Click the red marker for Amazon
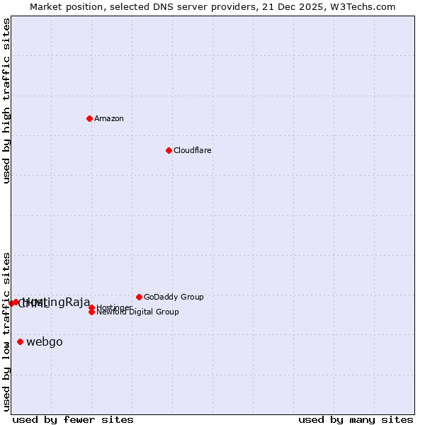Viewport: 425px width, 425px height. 89,118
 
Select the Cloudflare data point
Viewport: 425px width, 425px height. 169,150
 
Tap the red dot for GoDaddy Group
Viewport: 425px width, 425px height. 139,297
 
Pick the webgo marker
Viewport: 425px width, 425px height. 20,342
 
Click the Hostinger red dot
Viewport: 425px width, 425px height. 92,307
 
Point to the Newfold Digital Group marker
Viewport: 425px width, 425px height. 92,312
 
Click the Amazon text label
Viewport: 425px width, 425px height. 109,118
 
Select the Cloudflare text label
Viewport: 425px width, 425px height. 193,150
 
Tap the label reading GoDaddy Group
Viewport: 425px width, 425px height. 174,297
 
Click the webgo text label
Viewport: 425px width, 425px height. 45,342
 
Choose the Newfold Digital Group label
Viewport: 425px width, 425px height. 138,312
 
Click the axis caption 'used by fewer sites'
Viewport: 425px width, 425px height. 73,419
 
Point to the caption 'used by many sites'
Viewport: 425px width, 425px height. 356,419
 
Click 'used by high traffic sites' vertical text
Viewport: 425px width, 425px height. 6,101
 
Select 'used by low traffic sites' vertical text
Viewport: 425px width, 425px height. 6,331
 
